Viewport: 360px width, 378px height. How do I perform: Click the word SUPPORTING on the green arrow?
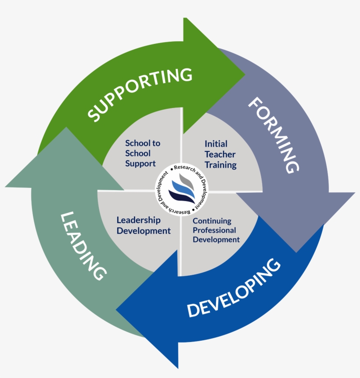coord(140,94)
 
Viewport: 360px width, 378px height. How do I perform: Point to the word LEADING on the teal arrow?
coord(83,245)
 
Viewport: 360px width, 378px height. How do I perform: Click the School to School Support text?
coord(143,153)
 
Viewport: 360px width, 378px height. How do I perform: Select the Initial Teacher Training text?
coord(220,155)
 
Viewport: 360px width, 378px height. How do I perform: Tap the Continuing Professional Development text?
coord(216,230)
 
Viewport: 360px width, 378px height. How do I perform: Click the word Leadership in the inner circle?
coord(138,220)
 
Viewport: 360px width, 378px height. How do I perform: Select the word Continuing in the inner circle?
coord(212,221)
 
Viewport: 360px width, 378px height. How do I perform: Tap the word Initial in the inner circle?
coord(216,144)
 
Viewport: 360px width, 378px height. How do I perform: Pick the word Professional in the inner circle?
coord(214,230)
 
